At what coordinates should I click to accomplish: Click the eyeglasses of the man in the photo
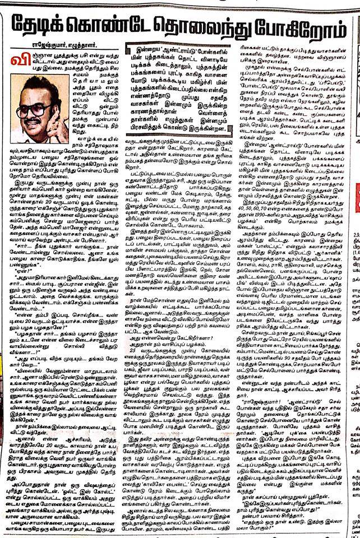[28, 109]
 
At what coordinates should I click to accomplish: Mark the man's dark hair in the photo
[31, 90]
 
